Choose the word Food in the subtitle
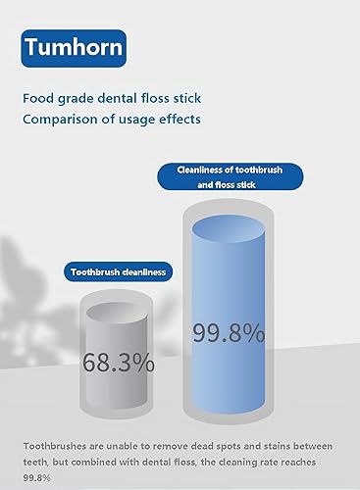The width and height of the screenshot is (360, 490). pos(42,99)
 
